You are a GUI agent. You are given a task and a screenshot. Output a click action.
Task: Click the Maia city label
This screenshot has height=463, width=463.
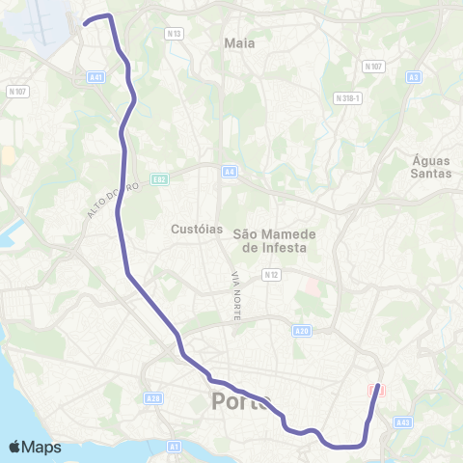click(238, 43)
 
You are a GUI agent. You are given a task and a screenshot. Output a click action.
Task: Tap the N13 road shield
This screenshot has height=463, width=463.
click(174, 34)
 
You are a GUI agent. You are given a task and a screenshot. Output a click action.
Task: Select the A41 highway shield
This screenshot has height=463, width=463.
click(95, 78)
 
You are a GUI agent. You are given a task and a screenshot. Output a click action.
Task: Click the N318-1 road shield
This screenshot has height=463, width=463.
click(347, 98)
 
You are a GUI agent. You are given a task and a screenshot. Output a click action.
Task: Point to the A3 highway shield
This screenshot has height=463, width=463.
click(413, 77)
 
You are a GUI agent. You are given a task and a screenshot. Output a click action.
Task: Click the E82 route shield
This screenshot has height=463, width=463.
click(159, 178)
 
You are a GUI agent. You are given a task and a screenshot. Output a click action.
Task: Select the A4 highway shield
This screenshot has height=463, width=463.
click(229, 173)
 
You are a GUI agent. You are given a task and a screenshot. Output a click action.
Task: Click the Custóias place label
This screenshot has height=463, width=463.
click(196, 230)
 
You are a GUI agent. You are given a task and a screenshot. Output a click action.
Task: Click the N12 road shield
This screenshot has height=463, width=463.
click(270, 275)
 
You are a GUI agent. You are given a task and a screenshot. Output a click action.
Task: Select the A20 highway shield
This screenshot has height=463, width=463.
click(301, 332)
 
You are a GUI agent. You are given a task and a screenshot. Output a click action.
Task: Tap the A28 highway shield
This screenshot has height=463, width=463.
click(152, 396)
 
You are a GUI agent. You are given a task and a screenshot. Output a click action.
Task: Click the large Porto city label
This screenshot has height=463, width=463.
click(241, 401)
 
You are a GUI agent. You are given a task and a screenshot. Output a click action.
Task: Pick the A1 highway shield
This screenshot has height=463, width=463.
click(174, 447)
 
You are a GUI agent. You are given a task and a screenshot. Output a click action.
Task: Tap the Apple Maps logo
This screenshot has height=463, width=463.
click(34, 447)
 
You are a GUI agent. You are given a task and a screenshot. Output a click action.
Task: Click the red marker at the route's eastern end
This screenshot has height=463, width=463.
click(376, 389)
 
